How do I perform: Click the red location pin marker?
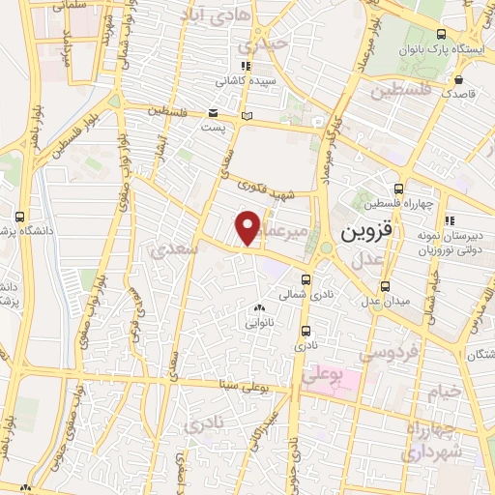coord(248,228)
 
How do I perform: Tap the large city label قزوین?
coord(366,233)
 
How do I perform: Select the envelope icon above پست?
coord(212,111)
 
